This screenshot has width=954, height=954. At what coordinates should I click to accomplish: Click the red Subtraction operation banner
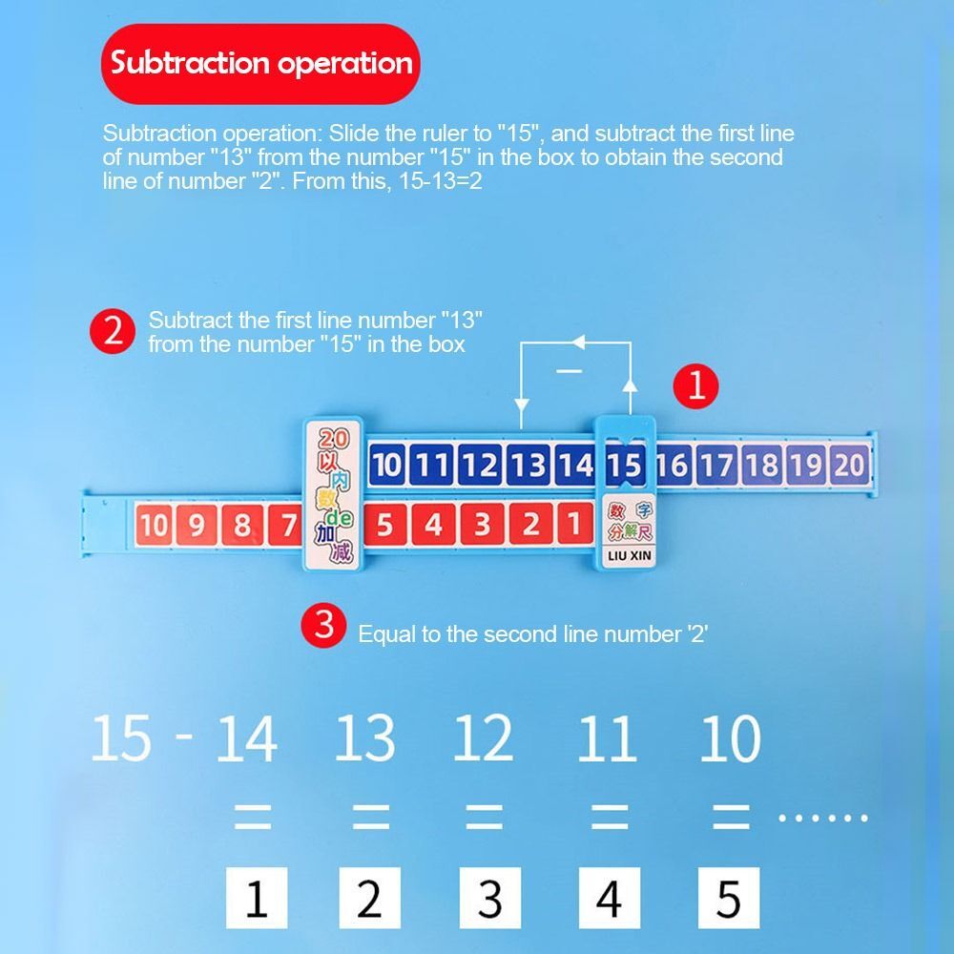tap(260, 64)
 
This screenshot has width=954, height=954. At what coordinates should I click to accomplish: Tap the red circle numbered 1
tap(696, 385)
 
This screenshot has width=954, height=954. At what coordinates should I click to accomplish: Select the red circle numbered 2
tap(114, 332)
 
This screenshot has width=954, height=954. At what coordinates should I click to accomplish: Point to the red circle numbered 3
tap(324, 626)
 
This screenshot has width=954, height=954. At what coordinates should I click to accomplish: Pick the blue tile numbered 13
tap(527, 466)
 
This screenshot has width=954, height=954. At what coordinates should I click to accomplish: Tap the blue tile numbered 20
tap(849, 466)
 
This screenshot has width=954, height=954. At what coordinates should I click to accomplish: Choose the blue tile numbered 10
tap(386, 466)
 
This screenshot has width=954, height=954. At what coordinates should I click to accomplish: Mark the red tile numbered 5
tap(384, 525)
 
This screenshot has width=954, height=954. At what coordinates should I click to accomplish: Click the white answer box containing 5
tap(729, 898)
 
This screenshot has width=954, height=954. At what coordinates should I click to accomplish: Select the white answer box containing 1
tap(257, 898)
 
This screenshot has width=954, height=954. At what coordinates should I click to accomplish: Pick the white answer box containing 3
tap(490, 898)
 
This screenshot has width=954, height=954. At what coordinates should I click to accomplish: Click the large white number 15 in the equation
tap(121, 737)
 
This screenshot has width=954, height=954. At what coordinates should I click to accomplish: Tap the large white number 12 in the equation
tap(483, 737)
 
